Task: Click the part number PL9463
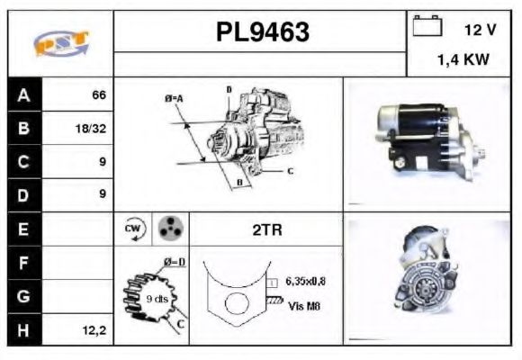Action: pos(262,32)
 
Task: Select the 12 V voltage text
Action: pos(480,30)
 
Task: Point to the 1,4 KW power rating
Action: pos(463,60)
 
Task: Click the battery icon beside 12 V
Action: pos(426,28)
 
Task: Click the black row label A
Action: pos(23,94)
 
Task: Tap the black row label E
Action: pos(23,229)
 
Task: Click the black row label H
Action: pos(23,330)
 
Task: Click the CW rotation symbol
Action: pos(132,229)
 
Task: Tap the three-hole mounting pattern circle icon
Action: pos(168,229)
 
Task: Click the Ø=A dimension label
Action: pos(174,97)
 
